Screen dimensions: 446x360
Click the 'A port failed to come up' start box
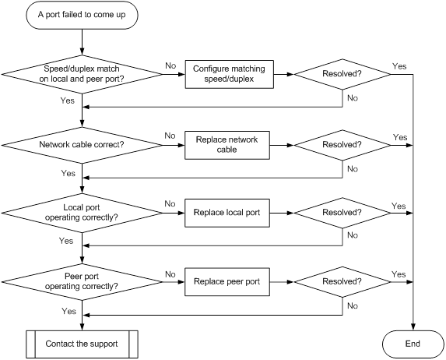coord(82,15)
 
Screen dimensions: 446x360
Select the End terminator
coord(413,344)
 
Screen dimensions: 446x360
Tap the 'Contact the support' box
coord(82,344)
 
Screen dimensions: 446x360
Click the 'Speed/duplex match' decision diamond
coord(82,74)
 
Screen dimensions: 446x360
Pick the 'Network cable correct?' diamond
coord(82,145)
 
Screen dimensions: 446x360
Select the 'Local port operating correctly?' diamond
coord(82,213)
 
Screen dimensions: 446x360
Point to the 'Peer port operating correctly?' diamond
coord(82,282)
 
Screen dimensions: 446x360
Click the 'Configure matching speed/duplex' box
coord(230,74)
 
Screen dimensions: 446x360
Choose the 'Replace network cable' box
coord(227,145)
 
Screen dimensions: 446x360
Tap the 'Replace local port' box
coord(227,213)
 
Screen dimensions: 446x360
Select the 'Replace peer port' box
coord(227,282)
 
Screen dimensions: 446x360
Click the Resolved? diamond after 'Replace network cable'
coord(342,145)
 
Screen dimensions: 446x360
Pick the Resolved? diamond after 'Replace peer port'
coord(342,282)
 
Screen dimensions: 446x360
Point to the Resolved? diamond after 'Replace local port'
coord(342,213)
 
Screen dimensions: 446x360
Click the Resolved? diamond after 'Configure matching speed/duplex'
coord(342,74)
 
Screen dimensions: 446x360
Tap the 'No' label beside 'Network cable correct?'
coord(170,136)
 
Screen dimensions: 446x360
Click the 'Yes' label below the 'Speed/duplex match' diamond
coord(68,101)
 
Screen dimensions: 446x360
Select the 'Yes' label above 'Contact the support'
coord(68,311)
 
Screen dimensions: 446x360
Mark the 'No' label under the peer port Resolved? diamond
coord(353,306)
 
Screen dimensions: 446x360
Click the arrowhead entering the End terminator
coord(413,327)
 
